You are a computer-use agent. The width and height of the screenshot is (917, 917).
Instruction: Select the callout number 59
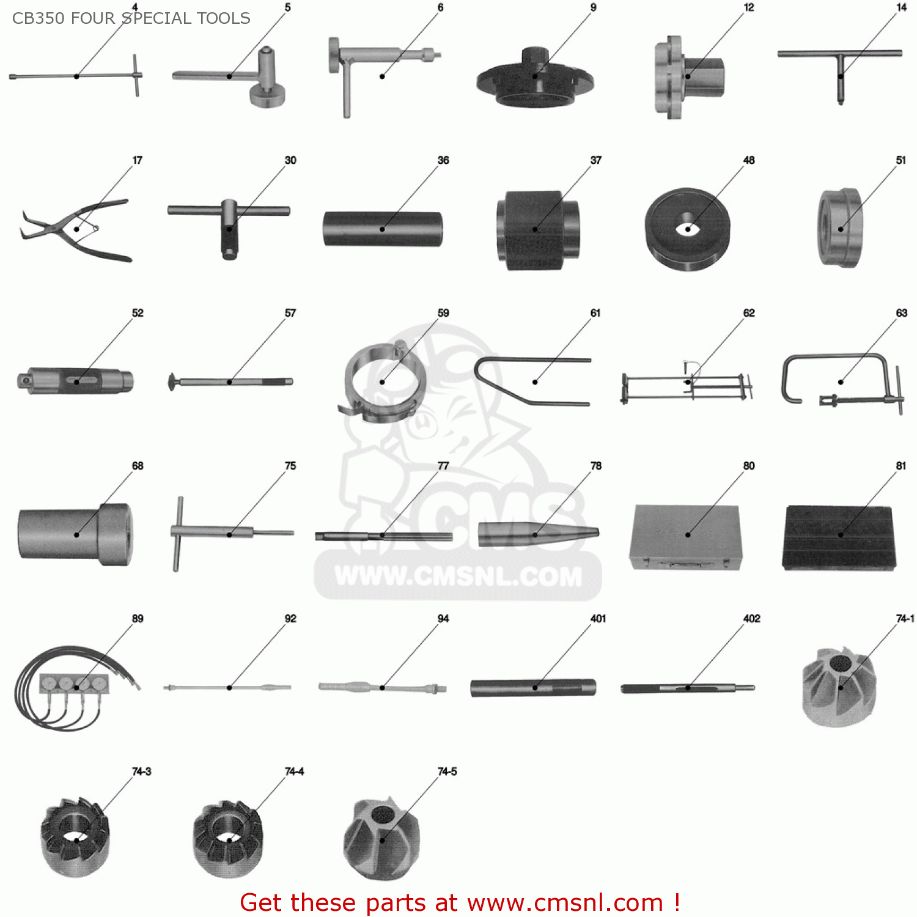pos(443,313)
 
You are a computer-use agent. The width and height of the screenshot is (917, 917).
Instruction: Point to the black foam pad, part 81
pos(839,537)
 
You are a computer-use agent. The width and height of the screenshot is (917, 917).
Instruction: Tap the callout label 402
pos(751,619)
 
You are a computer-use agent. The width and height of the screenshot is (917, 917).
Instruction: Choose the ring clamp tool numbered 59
pos(382,382)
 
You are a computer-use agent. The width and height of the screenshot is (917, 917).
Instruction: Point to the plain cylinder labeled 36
pos(382,229)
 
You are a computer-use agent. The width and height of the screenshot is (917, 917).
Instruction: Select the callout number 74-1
pos(905,619)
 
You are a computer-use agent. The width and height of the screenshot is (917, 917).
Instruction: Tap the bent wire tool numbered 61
pos(532,380)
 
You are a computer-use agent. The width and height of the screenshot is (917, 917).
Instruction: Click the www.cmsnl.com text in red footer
pos(565,902)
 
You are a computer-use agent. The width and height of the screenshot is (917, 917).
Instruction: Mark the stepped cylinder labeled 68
pos(75,534)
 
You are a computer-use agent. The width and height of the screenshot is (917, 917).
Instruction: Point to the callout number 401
pos(598,619)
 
